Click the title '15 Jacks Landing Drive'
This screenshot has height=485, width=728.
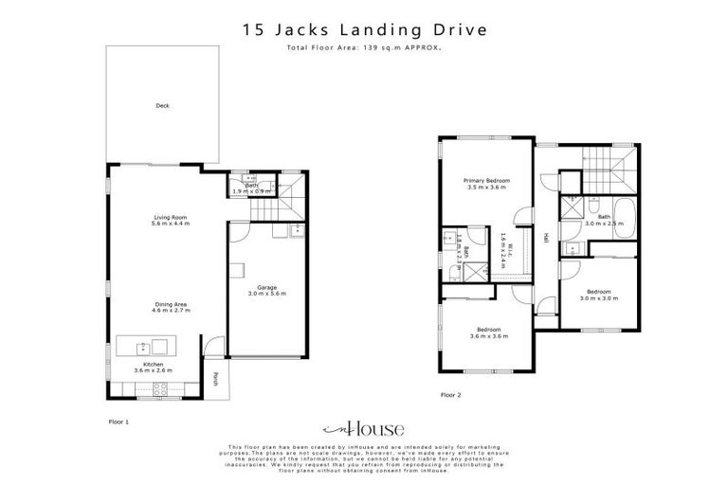[x=364, y=30]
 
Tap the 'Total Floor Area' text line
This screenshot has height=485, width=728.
[x=364, y=46]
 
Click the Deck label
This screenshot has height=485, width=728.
[x=162, y=106]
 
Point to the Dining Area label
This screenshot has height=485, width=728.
[x=172, y=306]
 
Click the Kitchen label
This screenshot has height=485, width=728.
[x=154, y=367]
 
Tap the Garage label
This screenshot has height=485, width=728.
[x=266, y=290]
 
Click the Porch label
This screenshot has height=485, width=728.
[x=216, y=380]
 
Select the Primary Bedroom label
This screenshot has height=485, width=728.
[x=486, y=183]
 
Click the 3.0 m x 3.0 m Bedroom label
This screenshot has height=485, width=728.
[x=598, y=294]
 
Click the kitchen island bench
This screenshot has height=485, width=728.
[x=143, y=344]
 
